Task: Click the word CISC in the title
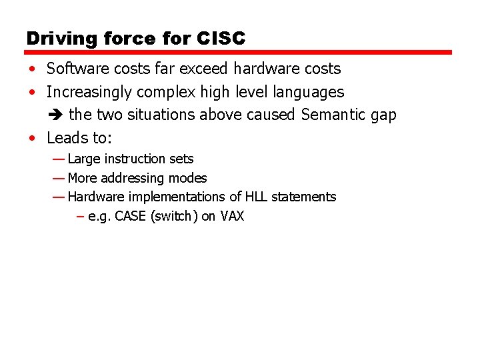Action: pyautogui.click(x=221, y=39)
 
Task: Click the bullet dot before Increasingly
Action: pyautogui.click(x=32, y=92)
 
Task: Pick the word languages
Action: pyautogui.click(x=311, y=92)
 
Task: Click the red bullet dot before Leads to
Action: pyautogui.click(x=32, y=139)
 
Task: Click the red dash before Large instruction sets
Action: pyautogui.click(x=58, y=159)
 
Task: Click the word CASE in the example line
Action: pyautogui.click(x=131, y=216)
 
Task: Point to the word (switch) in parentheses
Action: pyautogui.click(x=174, y=216)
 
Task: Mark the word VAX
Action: pyautogui.click(x=232, y=216)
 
